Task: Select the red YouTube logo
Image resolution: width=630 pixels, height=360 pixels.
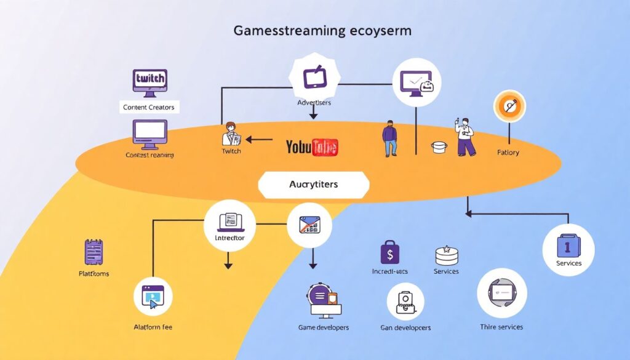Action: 312,147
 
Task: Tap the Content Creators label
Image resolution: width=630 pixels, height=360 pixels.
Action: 149,107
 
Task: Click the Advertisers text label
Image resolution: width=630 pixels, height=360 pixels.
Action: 314,102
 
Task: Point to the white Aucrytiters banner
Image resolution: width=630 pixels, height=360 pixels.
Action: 314,185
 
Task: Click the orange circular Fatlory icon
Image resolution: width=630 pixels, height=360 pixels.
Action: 509,106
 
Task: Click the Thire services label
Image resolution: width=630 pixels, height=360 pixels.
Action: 501,326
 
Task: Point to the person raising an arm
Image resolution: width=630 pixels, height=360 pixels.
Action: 465,136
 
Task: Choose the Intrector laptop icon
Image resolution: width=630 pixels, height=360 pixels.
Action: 228,221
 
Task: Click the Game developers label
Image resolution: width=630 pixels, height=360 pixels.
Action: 323,327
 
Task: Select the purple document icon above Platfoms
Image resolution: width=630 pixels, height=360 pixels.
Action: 93,252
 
